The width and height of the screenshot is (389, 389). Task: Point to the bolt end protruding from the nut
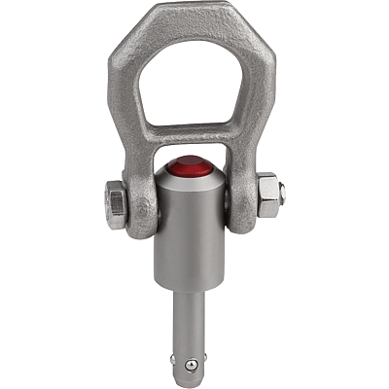279,194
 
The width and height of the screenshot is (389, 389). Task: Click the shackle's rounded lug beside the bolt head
143,209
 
